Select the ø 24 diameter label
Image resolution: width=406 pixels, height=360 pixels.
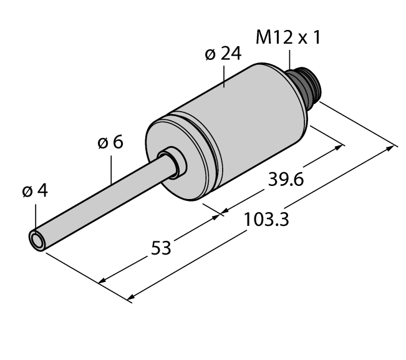tap(223, 54)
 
